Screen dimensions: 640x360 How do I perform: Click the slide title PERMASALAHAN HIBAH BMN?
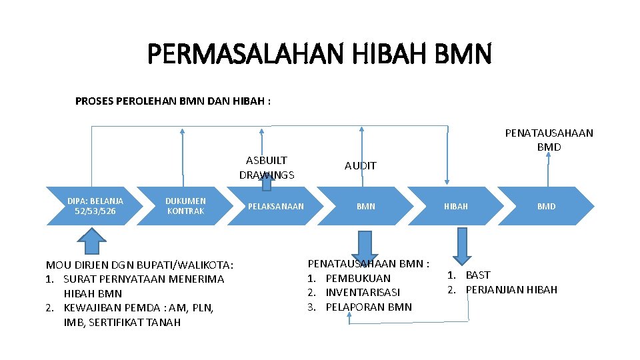319,53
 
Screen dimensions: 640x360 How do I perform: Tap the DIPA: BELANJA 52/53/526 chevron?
95,206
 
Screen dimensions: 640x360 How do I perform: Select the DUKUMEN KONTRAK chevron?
185,206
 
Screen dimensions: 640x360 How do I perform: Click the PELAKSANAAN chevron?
275,206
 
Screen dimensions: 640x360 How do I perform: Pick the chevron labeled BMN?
365,206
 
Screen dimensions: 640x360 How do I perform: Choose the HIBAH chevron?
456,206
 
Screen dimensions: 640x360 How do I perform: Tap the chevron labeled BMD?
546,206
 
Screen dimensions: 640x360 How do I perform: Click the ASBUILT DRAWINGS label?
267,167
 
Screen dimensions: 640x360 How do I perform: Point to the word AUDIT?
361,165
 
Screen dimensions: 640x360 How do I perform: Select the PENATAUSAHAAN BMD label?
549,139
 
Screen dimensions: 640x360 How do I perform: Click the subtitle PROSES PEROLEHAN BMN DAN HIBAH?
173,101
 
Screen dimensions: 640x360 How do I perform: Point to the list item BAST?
477,275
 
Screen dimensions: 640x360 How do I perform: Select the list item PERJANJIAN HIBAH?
511,289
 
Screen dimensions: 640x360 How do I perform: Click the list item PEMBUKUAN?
358,278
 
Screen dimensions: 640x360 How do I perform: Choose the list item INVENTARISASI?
363,293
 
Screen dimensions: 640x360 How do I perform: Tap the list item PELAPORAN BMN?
369,307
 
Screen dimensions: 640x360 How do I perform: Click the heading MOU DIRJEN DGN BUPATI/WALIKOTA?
139,265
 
